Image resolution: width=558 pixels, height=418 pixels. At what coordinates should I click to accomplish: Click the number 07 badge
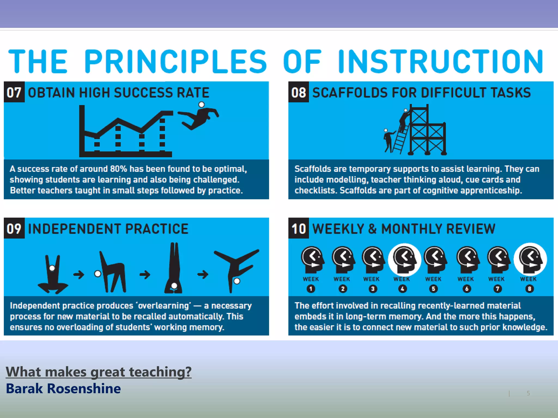[14, 92]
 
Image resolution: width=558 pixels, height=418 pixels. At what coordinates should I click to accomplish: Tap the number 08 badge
[299, 92]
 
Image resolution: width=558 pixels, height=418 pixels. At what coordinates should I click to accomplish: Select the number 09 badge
[14, 229]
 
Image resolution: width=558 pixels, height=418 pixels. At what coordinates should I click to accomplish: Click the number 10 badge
[299, 229]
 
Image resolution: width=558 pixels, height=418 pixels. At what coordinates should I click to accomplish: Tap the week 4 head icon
[405, 259]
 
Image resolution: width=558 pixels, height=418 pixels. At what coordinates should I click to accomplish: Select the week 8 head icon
[530, 259]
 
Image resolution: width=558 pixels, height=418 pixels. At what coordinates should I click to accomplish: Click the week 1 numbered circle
[311, 289]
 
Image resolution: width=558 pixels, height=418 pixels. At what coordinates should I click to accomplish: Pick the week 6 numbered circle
[466, 289]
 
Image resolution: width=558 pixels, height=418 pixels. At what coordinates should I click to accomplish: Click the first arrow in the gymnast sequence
[79, 274]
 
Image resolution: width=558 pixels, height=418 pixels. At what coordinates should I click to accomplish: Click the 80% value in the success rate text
[119, 169]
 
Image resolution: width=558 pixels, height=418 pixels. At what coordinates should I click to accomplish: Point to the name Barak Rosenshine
[63, 388]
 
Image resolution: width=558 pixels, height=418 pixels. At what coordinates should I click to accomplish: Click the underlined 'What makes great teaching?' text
[99, 372]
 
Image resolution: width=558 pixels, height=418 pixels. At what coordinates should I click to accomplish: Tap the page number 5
[528, 393]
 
